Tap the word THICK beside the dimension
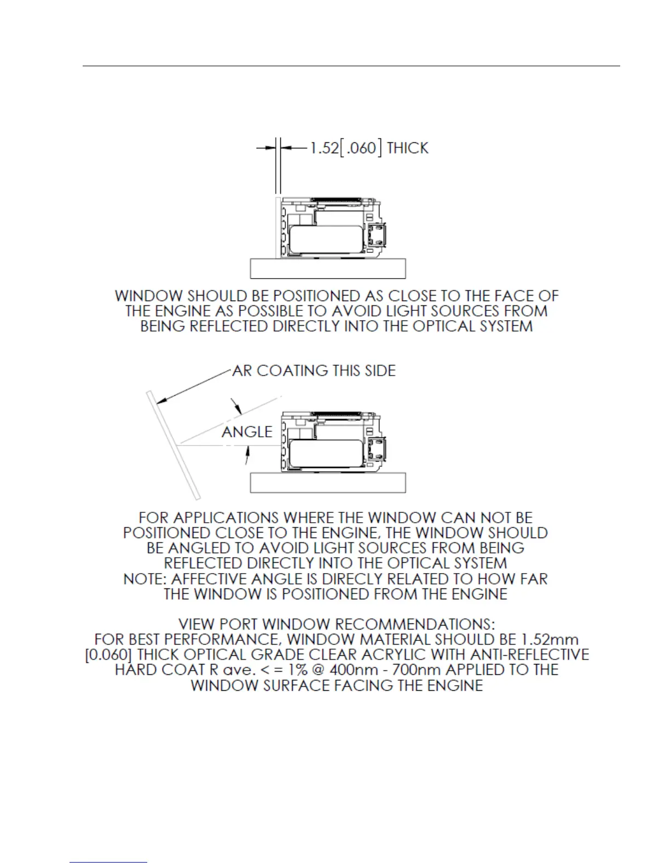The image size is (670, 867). (x=407, y=148)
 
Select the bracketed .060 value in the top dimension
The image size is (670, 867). (x=361, y=148)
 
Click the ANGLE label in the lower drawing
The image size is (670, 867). (x=247, y=432)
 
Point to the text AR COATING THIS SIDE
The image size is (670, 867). (x=314, y=371)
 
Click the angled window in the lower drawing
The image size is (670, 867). (x=173, y=445)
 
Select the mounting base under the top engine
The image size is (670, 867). (x=328, y=268)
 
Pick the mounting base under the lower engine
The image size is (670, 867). (x=328, y=483)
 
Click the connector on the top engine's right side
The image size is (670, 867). (x=377, y=235)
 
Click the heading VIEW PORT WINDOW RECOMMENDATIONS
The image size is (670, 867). (x=337, y=624)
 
